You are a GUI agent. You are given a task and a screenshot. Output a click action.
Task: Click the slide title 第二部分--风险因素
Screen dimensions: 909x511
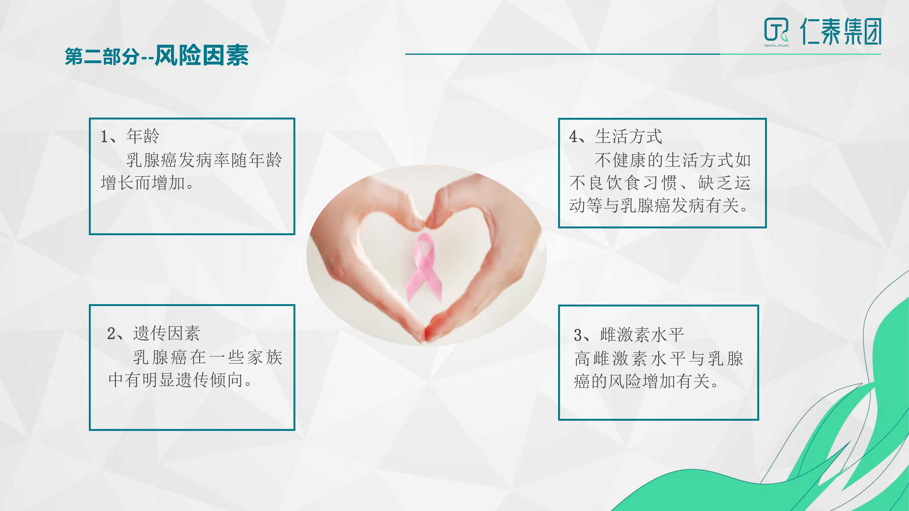(157, 55)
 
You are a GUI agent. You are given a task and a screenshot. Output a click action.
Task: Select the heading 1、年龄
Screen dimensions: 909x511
(130, 136)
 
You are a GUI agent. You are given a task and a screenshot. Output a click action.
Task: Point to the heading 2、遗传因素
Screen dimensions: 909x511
(153, 333)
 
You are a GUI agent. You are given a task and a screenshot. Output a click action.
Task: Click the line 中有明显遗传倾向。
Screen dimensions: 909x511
(180, 380)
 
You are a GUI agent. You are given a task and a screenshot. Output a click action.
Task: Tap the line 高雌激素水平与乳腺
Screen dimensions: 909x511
(659, 359)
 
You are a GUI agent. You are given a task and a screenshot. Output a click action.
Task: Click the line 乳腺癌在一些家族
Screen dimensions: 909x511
(207, 357)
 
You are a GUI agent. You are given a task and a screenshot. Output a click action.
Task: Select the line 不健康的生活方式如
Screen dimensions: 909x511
(673, 160)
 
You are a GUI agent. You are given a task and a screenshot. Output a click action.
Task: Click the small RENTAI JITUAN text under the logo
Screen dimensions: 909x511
(776, 45)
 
